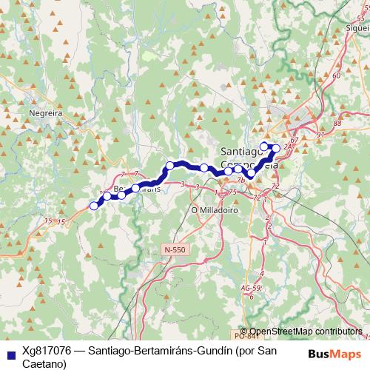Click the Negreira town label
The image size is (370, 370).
(x=44, y=113)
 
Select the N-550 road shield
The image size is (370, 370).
(x=175, y=250)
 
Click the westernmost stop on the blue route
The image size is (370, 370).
(x=93, y=206)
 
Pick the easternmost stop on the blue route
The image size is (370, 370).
(x=276, y=148)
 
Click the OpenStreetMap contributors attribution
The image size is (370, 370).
(x=305, y=332)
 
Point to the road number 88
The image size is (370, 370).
(x=337, y=124)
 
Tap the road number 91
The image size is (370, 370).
(x=320, y=135)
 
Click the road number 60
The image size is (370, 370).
(x=337, y=75)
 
